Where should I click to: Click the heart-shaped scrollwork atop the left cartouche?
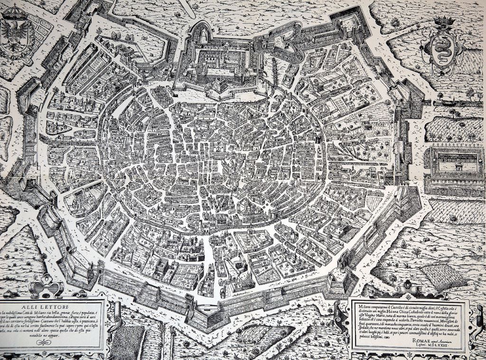[x=46, y=288]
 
